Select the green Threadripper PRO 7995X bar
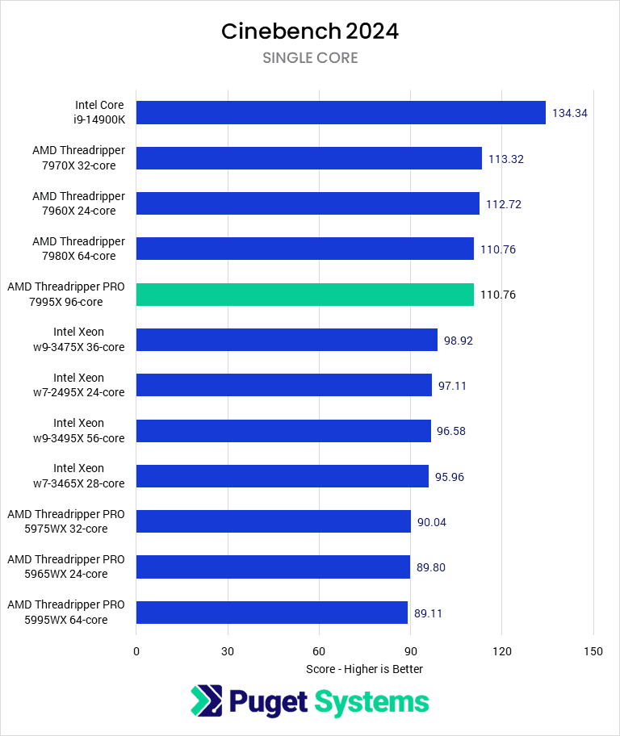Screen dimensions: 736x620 click(x=305, y=295)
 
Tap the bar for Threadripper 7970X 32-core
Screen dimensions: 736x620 click(x=309, y=158)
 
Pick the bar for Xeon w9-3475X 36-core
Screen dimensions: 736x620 click(x=287, y=340)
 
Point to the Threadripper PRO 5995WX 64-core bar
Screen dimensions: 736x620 click(x=272, y=613)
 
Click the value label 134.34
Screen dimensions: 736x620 click(x=569, y=113)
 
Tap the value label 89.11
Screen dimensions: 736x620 click(x=428, y=613)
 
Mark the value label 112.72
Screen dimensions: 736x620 click(x=504, y=204)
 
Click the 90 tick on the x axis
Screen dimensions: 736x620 click(x=411, y=651)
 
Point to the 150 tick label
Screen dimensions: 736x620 click(x=593, y=651)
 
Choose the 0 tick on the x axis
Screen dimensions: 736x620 click(x=136, y=651)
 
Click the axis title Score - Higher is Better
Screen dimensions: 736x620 click(x=364, y=669)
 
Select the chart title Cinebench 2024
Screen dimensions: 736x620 click(x=310, y=31)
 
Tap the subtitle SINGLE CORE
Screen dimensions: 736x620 click(x=310, y=58)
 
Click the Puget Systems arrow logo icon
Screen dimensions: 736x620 click(x=206, y=700)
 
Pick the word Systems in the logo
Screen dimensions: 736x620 click(x=371, y=701)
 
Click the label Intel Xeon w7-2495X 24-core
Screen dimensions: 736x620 click(x=89, y=385)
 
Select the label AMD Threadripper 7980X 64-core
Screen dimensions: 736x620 click(x=78, y=249)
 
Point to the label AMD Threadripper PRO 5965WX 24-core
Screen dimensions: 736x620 click(x=66, y=567)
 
